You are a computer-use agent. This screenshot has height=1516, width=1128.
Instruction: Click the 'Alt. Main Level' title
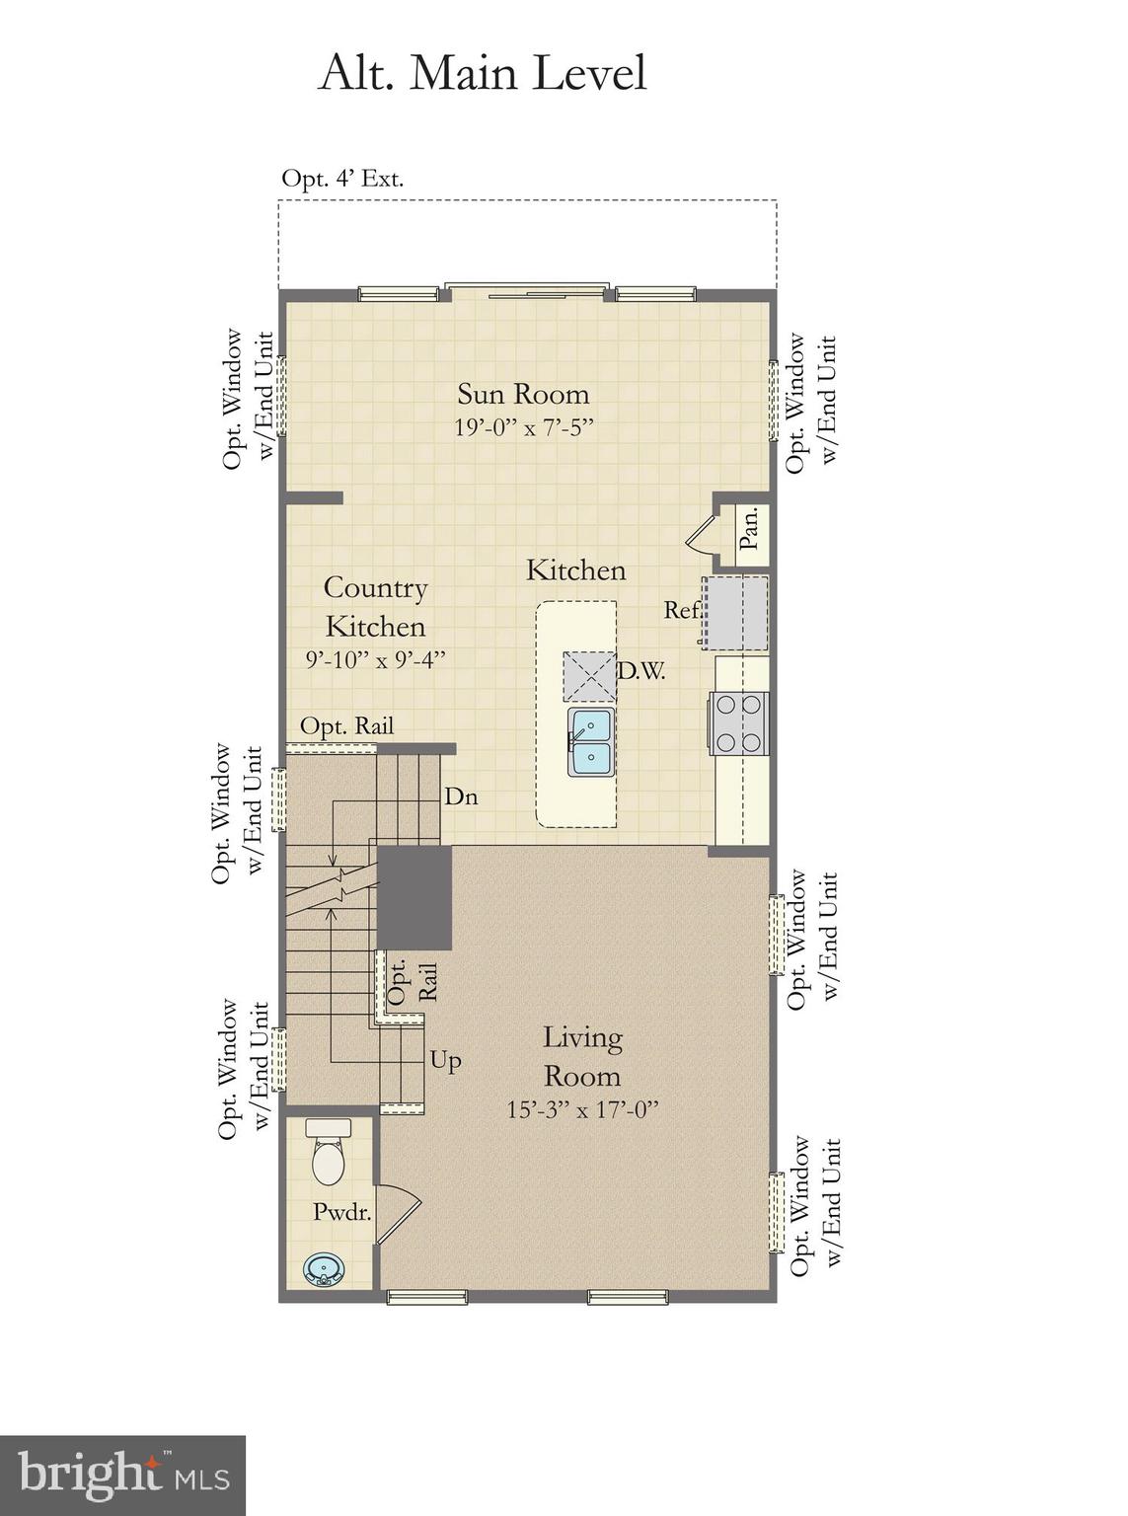[x=482, y=74]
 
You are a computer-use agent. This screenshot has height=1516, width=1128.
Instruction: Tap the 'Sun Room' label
[x=523, y=394]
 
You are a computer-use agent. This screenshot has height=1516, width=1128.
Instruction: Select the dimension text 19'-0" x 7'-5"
[x=523, y=427]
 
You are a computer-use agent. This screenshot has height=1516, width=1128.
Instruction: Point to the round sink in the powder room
[x=323, y=1268]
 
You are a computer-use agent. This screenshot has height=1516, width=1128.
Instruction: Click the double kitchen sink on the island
[x=590, y=741]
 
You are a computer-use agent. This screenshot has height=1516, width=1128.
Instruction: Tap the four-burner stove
[x=739, y=723]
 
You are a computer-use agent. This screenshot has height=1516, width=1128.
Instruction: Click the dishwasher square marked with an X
[x=589, y=676]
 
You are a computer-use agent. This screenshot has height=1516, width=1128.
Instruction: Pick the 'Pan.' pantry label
[x=750, y=529]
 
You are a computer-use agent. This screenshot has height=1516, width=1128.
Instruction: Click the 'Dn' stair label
[x=461, y=796]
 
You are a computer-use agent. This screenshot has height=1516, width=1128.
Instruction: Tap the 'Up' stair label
[x=445, y=1061]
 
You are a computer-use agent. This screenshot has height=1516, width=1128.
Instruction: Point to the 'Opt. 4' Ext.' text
[x=342, y=179]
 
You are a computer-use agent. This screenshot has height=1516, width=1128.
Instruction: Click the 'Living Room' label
[x=582, y=1056]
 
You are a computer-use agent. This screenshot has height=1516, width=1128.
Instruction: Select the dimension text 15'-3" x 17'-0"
[x=582, y=1109]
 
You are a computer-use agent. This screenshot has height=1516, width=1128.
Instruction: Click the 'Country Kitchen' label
[x=375, y=606]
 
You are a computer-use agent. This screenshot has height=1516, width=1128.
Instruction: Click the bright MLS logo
[x=122, y=1475]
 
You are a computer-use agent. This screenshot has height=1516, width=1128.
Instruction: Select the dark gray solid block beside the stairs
[x=414, y=896]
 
